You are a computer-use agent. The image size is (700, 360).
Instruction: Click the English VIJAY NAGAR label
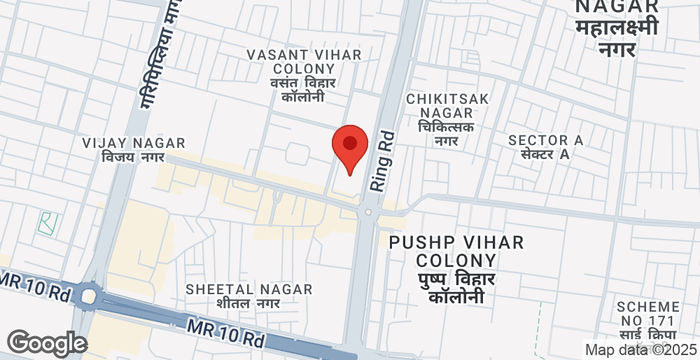(x=126, y=144)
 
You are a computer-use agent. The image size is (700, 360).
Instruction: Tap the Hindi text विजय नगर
(x=126, y=158)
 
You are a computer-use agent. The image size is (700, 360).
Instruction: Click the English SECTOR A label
(x=545, y=140)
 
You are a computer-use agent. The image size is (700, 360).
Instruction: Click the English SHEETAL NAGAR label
(x=248, y=289)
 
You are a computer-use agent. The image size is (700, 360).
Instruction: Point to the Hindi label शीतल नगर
(x=248, y=303)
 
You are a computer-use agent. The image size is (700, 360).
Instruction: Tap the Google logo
(x=46, y=343)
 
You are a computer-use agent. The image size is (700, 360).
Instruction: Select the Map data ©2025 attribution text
(x=640, y=350)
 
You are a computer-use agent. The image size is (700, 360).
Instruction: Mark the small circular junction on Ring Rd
(x=368, y=211)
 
